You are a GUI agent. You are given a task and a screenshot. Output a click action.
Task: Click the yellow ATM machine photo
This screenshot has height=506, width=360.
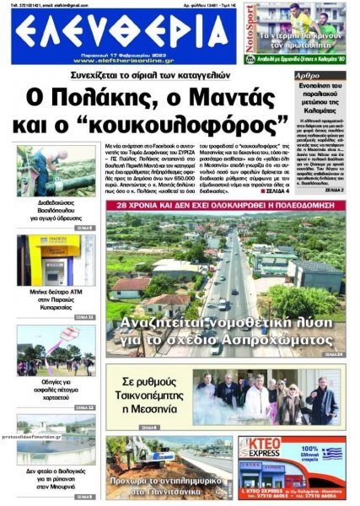point(56,259)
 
